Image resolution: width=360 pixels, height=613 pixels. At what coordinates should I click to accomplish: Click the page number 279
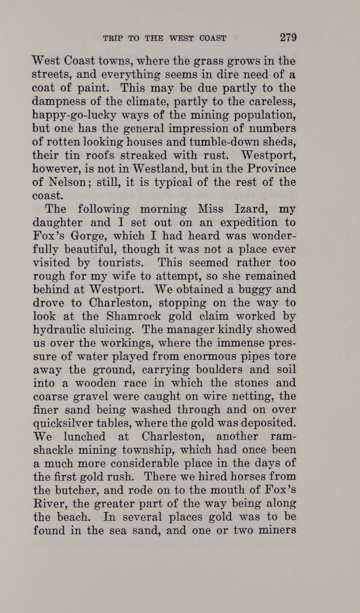tap(289, 37)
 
